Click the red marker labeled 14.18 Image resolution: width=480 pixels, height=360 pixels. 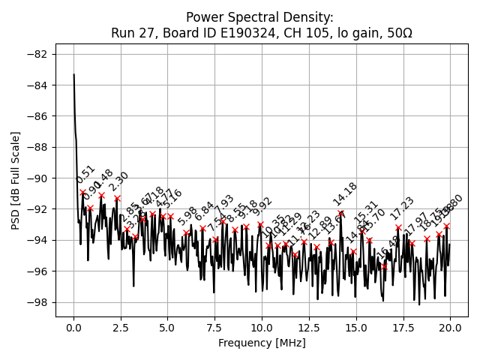(x=340, y=214)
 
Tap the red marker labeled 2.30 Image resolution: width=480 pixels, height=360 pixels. (x=117, y=199)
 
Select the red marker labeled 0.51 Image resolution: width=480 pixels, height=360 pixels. (x=83, y=192)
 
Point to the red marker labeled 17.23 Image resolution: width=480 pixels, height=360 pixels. (x=398, y=227)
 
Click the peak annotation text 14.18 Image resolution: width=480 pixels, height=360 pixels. (x=345, y=194)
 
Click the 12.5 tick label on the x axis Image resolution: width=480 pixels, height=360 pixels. (x=309, y=328)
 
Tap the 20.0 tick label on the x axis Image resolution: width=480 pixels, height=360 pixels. (x=450, y=328)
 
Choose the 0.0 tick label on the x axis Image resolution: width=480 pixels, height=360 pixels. (x=73, y=328)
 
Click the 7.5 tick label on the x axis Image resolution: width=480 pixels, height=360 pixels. (x=214, y=328)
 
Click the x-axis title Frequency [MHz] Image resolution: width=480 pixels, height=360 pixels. (x=262, y=343)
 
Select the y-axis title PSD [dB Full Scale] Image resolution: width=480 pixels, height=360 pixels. (x=15, y=180)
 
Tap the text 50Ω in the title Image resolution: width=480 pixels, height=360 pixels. (x=397, y=33)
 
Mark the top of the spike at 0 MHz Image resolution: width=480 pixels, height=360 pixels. (x=74, y=75)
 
